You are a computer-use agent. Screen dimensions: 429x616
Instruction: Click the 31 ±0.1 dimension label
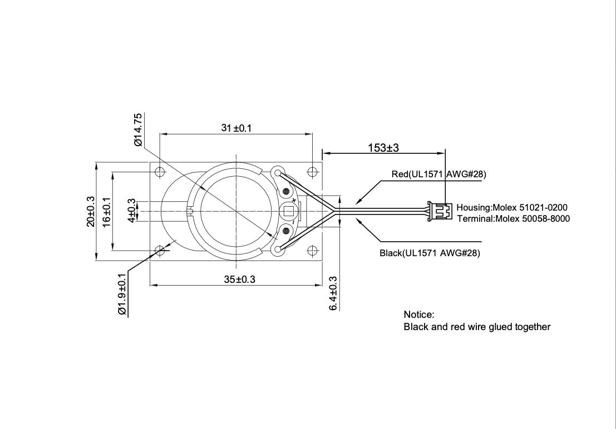pos(236,128)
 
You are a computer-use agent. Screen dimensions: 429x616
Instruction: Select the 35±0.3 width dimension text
pos(239,280)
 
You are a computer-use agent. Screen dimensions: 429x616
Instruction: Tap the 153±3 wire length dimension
pos(384,148)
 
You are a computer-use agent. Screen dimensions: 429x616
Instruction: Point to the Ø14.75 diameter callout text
pos(139,129)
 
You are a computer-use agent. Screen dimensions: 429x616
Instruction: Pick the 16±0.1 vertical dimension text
pos(107,212)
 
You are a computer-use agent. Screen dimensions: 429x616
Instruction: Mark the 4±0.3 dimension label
pos(132,212)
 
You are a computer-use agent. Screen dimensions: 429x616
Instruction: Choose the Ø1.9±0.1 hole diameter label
pos(122,294)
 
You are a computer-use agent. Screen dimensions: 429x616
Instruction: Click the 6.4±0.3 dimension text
pos(333,293)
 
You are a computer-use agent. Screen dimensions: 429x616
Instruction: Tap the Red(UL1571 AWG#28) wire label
pos(438,174)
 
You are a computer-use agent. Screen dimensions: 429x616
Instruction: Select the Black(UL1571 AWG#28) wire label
pos(430,253)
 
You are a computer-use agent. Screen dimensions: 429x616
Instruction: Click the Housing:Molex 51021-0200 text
pos(512,207)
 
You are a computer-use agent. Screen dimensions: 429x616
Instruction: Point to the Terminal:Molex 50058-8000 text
pos(513,218)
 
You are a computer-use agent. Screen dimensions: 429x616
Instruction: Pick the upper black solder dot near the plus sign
pos(287,192)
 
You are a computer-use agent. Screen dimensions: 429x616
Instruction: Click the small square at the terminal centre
pos(289,211)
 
